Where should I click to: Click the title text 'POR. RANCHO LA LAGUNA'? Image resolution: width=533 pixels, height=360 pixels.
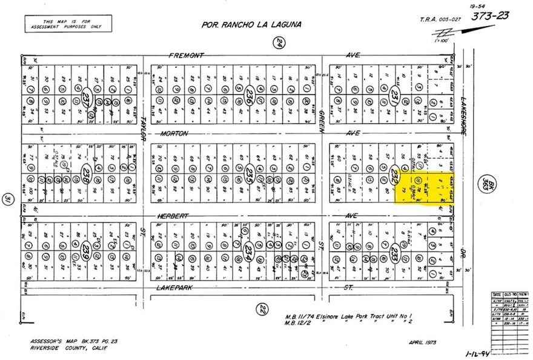point(251,25)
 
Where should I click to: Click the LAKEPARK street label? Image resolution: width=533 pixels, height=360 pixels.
point(174,288)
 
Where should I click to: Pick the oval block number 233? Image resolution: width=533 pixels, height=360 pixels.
point(395,252)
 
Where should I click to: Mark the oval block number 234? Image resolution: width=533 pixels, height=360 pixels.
point(247,250)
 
